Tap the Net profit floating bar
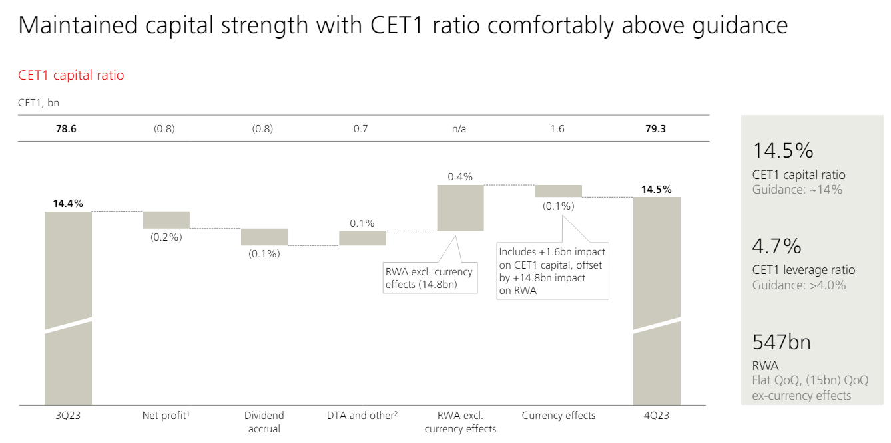166,220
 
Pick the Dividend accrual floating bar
264,237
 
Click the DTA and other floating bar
362,238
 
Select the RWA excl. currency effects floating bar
460,208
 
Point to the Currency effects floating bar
558,191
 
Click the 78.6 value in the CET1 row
66,129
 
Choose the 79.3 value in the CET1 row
655,129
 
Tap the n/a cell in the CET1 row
459,129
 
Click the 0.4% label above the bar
460,177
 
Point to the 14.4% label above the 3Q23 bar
68,204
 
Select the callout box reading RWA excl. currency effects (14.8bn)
430,278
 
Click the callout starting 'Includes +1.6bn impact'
553,271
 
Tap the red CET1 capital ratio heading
71,75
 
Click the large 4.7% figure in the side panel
777,247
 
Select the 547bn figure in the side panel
782,342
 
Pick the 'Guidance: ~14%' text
797,190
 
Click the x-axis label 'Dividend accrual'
264,422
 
